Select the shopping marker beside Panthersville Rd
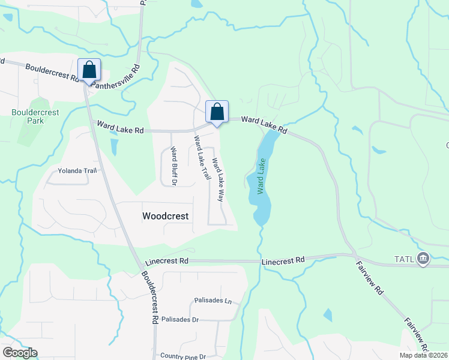[89, 70]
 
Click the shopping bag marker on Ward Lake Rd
[217, 112]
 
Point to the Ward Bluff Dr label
[173, 166]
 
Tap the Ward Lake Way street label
[218, 179]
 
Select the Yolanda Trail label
[77, 171]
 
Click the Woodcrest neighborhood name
[165, 216]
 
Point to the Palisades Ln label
[212, 300]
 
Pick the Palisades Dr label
[179, 320]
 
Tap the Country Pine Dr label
[183, 356]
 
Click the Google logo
[20, 353]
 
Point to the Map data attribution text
[423, 355]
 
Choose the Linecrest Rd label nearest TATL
[283, 261]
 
